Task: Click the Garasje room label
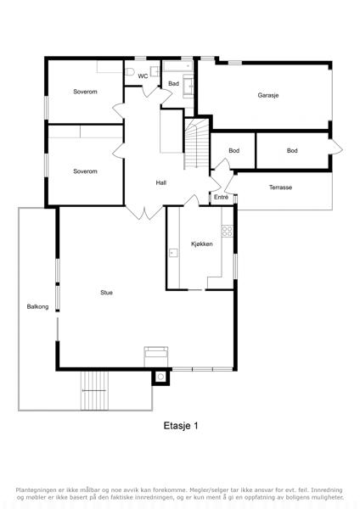coord(268,95)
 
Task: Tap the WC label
coord(143,76)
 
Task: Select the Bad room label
coord(173,83)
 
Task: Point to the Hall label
coord(161,182)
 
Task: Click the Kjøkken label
coord(202,243)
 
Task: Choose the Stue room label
coord(107,293)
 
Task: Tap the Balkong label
coord(37,306)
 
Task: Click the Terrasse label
coord(280,187)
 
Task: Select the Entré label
coord(222,197)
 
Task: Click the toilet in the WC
coord(130,72)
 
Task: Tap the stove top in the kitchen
coord(227,231)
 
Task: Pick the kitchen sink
coord(173,253)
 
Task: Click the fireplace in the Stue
coord(156,356)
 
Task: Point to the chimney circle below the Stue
coord(160,377)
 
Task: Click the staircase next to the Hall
coord(197,144)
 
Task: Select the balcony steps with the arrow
coord(94,390)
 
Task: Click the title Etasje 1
coord(181,426)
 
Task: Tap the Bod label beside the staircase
coord(234,151)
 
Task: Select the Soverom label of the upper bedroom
coord(85,92)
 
